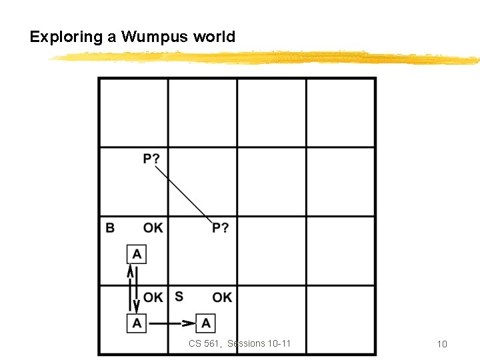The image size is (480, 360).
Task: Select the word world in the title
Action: (x=214, y=37)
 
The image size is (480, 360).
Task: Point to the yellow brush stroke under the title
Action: (x=267, y=59)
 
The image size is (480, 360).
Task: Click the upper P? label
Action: (x=151, y=159)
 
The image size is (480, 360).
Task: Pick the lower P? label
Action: (x=221, y=228)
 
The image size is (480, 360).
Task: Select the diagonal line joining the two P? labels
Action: (x=183, y=193)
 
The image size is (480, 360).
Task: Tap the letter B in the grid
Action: (x=110, y=228)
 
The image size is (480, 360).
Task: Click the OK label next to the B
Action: (x=153, y=228)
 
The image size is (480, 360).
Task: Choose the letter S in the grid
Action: (x=179, y=296)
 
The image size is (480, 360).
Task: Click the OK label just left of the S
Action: (x=153, y=297)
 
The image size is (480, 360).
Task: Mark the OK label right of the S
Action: (x=222, y=297)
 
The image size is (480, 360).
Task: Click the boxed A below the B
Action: (x=137, y=254)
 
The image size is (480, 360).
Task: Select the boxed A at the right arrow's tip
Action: (x=206, y=323)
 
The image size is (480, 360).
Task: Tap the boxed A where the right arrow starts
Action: (x=137, y=323)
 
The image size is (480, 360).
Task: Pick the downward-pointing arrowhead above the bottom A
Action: (x=137, y=307)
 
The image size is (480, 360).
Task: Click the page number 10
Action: (x=441, y=344)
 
